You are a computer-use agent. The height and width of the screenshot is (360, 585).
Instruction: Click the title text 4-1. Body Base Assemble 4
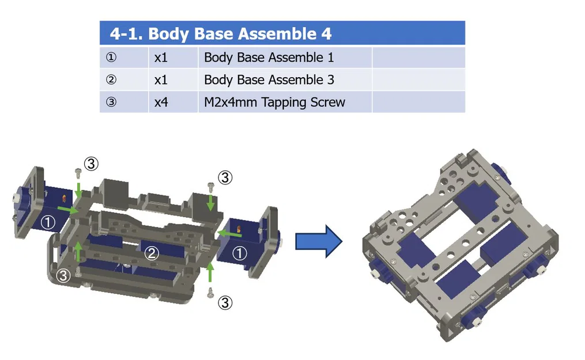(221, 34)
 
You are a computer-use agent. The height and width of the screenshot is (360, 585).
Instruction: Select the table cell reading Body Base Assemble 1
(269, 58)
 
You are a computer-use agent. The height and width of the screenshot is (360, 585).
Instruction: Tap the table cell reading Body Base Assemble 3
(269, 80)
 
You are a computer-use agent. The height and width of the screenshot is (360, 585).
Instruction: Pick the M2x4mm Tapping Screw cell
(274, 103)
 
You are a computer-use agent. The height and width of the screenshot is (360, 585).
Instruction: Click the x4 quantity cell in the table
(161, 103)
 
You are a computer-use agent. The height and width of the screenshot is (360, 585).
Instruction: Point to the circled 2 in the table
(111, 80)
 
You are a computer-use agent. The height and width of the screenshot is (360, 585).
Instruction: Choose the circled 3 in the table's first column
(111, 103)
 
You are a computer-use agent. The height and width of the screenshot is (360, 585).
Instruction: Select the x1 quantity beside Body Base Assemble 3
(161, 80)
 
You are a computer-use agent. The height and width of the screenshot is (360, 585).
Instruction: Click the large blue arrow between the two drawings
(319, 241)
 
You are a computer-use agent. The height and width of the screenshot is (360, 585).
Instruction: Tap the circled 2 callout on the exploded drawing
(151, 253)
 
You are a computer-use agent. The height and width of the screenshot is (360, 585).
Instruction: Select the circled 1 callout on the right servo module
(239, 252)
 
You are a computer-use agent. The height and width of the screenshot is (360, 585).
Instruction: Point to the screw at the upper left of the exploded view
(78, 172)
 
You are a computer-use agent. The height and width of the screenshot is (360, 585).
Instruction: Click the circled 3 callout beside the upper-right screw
(225, 177)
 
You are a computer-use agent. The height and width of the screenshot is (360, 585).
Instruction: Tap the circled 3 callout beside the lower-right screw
(225, 302)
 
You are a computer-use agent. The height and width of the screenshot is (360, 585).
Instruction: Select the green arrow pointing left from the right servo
(230, 234)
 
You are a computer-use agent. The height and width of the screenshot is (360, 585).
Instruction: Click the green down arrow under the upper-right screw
(211, 202)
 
